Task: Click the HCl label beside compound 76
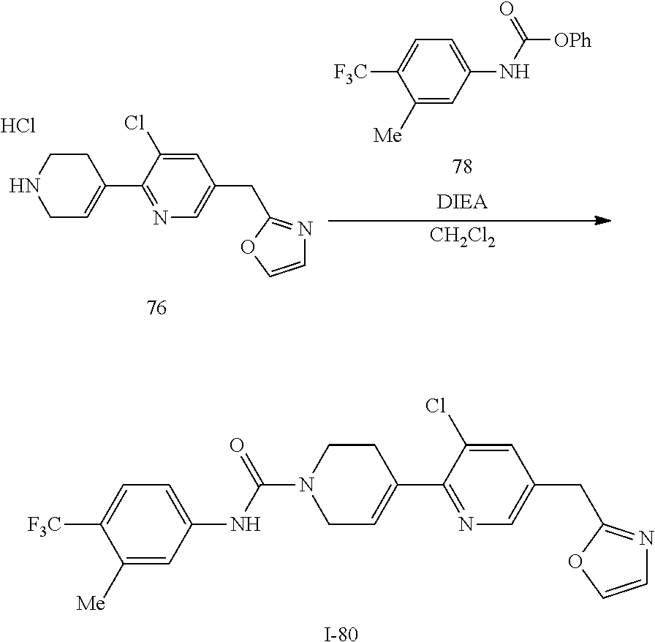click(x=18, y=126)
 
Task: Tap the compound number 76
click(x=156, y=308)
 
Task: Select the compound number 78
click(x=461, y=167)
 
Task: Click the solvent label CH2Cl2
click(x=461, y=238)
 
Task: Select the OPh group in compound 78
click(x=572, y=41)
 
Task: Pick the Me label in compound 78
click(x=387, y=136)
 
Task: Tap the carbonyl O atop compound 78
click(x=506, y=10)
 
